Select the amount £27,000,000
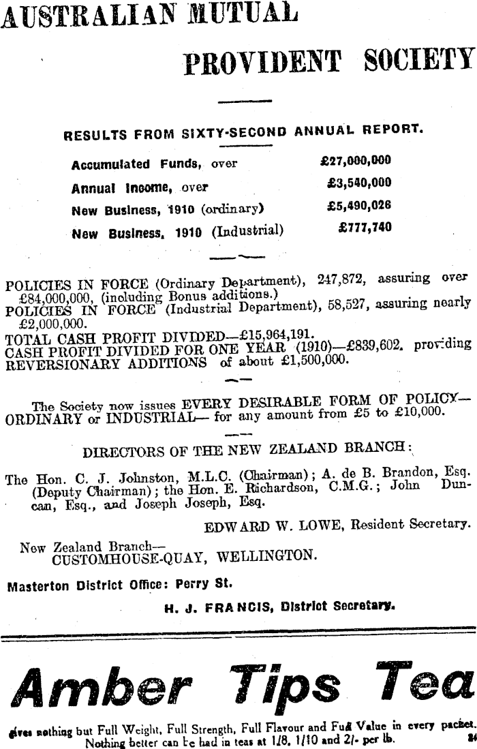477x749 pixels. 355,162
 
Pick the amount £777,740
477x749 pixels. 365,227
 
